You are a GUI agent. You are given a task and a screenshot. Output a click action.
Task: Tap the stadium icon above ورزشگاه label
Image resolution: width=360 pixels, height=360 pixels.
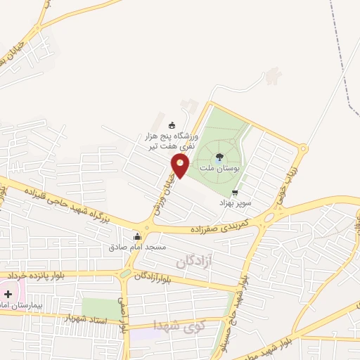[x=173, y=125]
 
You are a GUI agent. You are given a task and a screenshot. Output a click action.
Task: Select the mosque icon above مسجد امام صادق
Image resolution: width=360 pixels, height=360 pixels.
[x=136, y=237]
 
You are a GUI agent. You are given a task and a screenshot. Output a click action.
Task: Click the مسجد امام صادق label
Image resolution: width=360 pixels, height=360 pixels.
[x=137, y=247]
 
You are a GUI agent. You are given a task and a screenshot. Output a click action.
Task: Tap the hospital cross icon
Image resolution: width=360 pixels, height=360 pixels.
[x=8, y=293]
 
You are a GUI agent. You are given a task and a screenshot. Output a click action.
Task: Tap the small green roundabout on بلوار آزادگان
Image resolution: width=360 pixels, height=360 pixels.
[x=125, y=274]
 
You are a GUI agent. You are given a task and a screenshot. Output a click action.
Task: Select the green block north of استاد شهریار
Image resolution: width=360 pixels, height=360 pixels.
[x=100, y=308]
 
